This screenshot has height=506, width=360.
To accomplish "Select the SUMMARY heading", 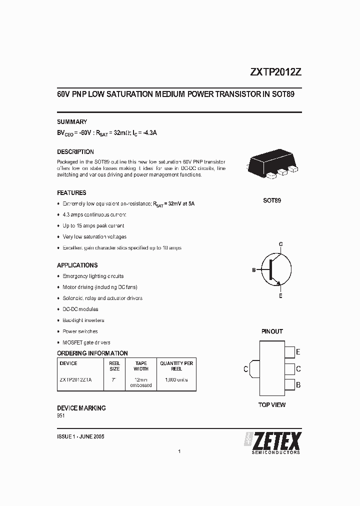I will click(x=72, y=121).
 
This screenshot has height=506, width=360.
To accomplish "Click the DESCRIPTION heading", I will click(x=75, y=151).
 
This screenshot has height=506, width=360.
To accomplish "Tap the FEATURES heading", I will click(x=71, y=192).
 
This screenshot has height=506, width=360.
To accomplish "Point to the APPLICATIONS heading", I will click(x=77, y=265).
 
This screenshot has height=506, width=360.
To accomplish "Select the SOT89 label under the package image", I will click(x=272, y=200).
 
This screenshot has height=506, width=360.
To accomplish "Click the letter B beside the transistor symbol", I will click(x=254, y=270).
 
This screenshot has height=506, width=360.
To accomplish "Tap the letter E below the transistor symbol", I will click(x=281, y=296).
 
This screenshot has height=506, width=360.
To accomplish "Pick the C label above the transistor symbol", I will click(x=281, y=243).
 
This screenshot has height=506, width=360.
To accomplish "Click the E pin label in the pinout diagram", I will click(x=298, y=352).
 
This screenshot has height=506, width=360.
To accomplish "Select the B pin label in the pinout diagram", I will click(x=298, y=385).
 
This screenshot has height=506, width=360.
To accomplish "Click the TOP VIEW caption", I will click(x=272, y=404).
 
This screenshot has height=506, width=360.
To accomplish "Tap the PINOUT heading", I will click(x=272, y=331).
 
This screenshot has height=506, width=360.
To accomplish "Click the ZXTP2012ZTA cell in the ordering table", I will click(x=76, y=379).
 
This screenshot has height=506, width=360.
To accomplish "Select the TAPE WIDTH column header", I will click(x=141, y=366).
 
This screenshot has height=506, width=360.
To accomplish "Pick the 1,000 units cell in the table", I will click(x=176, y=379).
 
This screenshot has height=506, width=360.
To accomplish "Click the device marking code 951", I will click(x=61, y=415).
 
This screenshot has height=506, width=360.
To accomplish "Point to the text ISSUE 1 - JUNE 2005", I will click(x=81, y=436).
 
